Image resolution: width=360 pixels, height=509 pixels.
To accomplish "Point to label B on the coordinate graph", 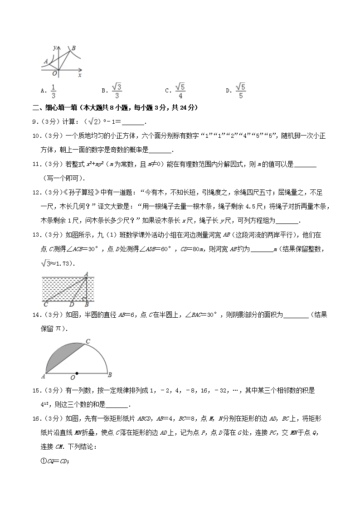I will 73,48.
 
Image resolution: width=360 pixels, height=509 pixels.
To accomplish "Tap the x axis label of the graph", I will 79,75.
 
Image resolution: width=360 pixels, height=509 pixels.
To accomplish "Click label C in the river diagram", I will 46,305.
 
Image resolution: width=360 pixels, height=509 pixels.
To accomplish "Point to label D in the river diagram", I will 71,305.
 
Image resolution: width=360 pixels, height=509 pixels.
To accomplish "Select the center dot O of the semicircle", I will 77,373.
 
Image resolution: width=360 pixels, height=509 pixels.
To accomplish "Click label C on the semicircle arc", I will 88,341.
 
